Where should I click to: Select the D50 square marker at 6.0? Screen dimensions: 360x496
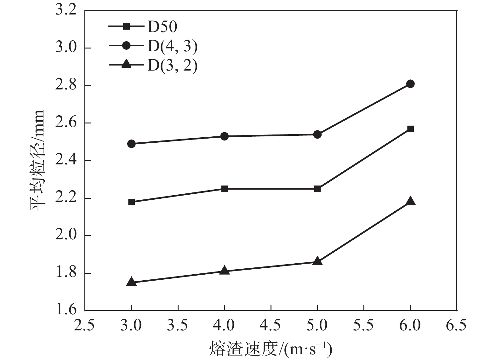point(410,129)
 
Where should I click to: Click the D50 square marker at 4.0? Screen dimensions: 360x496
point(224,189)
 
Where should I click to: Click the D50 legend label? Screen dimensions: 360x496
point(162,27)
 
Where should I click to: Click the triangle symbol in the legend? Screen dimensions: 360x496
point(126,65)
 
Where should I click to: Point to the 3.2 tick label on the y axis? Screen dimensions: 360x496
point(66,10)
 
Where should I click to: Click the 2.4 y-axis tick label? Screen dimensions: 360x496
point(66,161)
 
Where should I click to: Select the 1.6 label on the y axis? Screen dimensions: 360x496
point(66,310)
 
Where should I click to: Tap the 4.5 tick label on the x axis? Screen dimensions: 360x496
point(271,325)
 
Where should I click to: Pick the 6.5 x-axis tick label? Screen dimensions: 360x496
point(456,325)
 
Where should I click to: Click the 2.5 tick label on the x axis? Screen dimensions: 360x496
point(84,325)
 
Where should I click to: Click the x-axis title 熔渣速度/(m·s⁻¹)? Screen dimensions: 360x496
point(271,349)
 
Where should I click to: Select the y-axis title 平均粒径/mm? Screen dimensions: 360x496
point(37,160)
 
